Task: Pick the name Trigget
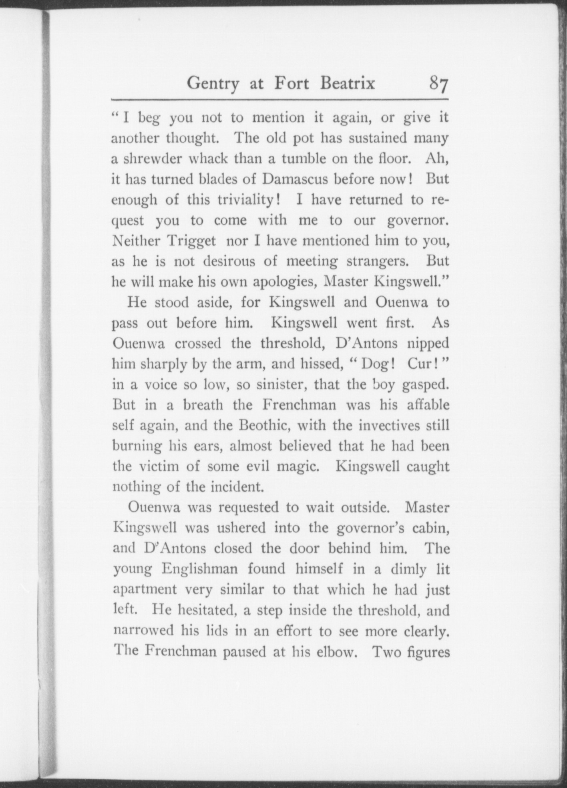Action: [191, 241]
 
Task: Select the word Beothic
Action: [265, 425]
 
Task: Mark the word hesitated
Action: [189, 611]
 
